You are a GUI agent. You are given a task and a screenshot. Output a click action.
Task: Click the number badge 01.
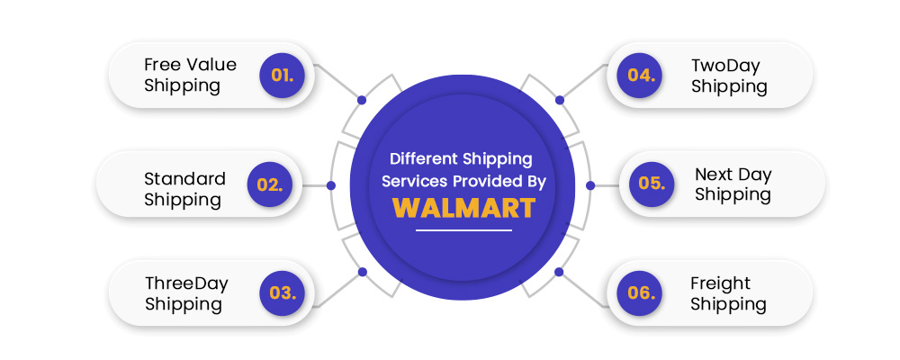point(282,76)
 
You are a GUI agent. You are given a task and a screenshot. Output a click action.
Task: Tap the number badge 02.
point(270,184)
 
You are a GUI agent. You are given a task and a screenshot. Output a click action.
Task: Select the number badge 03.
point(283,292)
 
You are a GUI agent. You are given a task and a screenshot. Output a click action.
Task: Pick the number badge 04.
point(640,76)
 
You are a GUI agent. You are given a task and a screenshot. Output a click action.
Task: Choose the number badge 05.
point(652,184)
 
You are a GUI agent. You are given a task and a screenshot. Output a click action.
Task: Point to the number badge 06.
point(640,292)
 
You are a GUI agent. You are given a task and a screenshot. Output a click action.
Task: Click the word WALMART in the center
point(463,209)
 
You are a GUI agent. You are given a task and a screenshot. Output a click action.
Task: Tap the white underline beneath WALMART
point(463,230)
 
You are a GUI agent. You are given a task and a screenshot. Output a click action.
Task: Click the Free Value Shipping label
point(190,75)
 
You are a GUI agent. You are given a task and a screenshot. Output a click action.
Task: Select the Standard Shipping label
point(184,189)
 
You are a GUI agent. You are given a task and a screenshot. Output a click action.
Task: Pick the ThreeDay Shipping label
point(186,293)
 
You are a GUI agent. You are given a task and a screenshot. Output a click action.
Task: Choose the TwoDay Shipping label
point(729,76)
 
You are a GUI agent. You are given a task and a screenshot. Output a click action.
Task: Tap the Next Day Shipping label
point(733,184)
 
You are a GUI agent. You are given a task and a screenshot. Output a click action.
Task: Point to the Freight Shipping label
point(728,293)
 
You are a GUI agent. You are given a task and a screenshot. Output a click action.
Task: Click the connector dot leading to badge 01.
point(362,100)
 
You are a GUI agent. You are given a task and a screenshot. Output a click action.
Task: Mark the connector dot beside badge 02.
point(330,185)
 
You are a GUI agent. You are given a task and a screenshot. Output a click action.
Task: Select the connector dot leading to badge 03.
point(362,272)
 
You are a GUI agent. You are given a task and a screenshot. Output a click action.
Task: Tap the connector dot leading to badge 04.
point(560,100)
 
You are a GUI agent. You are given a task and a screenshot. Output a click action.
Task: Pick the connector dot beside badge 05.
point(590,185)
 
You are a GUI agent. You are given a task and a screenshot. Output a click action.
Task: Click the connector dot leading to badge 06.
point(559,272)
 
